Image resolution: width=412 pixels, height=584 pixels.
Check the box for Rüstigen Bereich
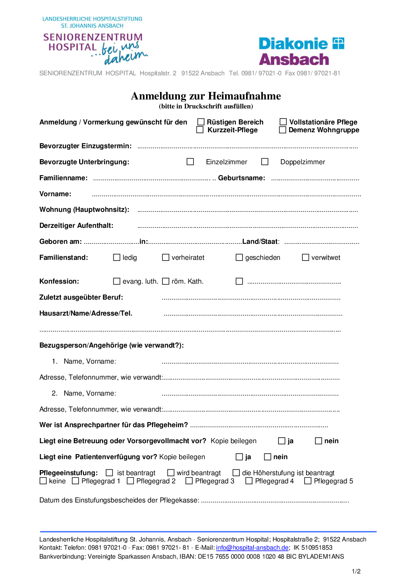tap(201, 122)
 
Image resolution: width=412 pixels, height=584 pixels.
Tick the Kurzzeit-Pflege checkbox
tap(200, 130)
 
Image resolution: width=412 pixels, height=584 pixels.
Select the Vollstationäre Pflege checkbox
tap(283, 122)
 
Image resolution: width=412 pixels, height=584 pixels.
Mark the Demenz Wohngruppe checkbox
tap(283, 130)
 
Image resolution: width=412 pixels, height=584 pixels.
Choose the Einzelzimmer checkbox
tap(190, 162)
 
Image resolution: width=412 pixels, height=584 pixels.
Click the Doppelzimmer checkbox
tap(265, 162)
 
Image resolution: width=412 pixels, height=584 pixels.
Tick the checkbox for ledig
tap(117, 257)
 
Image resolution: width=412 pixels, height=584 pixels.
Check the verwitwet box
tap(306, 257)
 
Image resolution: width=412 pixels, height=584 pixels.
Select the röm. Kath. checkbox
tap(166, 281)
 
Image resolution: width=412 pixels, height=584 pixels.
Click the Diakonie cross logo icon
tap(338, 43)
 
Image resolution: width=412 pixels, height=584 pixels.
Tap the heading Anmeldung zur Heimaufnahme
tap(206, 96)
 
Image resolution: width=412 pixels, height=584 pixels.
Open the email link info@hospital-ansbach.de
tap(252, 548)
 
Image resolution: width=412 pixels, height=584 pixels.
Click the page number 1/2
tap(356, 572)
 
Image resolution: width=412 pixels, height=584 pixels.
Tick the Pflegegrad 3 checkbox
tap(189, 481)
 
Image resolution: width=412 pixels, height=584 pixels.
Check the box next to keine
tap(43, 481)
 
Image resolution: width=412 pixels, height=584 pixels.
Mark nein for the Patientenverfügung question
tap(268, 457)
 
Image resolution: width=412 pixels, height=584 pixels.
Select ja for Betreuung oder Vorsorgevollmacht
tap(282, 441)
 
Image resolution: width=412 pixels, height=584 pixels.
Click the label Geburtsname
tap(241, 178)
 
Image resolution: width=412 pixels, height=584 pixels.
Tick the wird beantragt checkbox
tap(171, 473)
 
